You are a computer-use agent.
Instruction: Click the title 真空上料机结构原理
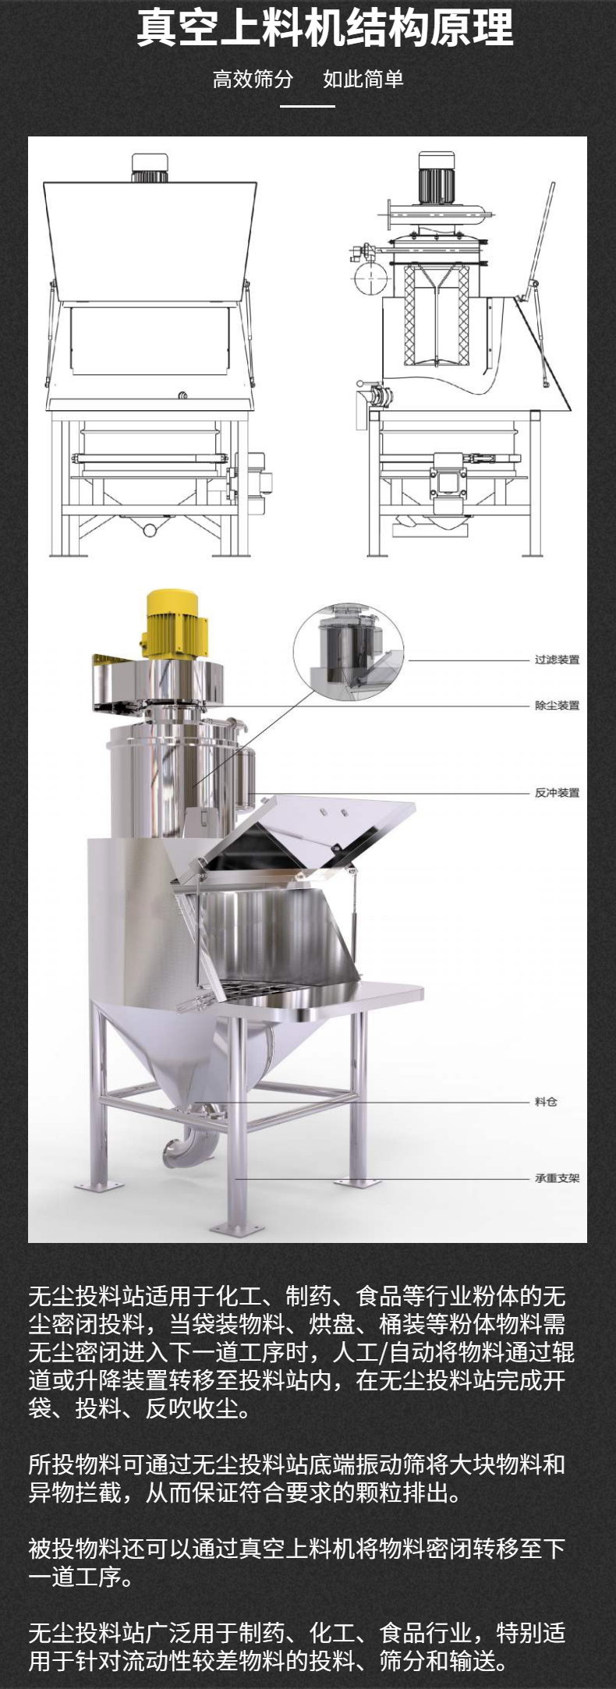324,28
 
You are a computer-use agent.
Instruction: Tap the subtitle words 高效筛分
253,79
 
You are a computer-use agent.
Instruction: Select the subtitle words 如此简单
363,79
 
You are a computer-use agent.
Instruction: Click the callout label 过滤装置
557,660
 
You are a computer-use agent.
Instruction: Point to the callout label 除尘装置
557,706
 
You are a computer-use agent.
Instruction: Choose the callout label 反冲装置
557,793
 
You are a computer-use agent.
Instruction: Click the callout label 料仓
546,1102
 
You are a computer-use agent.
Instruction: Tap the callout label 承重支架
557,1178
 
